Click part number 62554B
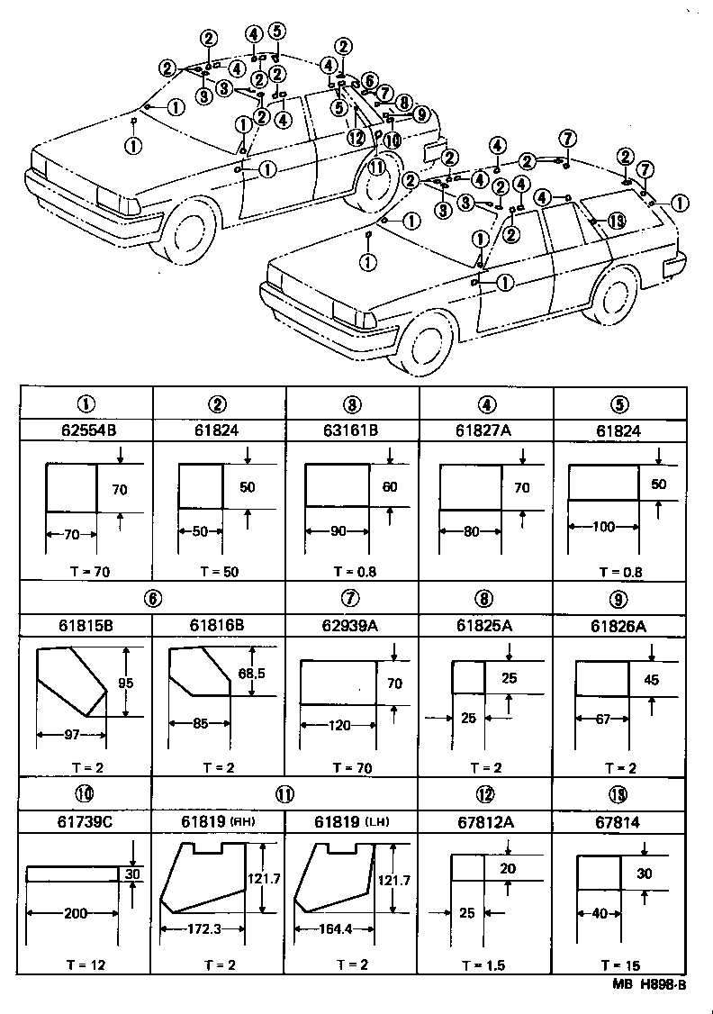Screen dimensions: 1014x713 click(86, 430)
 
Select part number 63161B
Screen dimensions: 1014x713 click(352, 430)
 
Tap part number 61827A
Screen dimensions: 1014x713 click(485, 430)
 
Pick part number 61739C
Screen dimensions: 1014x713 click(86, 821)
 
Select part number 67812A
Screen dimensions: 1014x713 click(485, 821)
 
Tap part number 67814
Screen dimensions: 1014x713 click(618, 821)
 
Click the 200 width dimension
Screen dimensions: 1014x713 click(76, 914)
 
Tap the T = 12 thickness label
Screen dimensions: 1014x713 click(86, 965)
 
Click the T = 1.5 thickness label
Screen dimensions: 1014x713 click(485, 965)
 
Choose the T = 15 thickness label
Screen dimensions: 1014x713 click(618, 965)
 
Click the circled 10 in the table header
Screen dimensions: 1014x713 click(86, 794)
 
